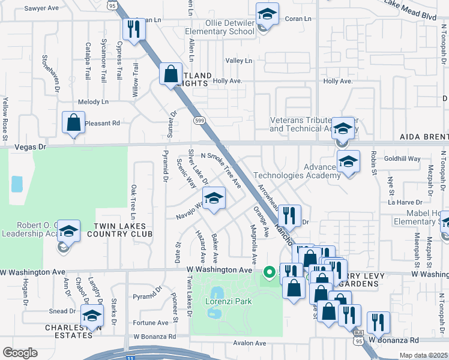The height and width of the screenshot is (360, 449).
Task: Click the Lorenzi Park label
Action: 228,302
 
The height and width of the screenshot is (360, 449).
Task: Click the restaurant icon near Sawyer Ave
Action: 133,29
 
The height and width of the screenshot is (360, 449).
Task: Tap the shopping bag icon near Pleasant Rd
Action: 73,122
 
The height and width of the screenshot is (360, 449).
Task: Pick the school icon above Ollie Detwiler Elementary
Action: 267,14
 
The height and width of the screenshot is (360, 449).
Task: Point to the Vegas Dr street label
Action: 29,146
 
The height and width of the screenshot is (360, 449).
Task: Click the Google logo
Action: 19,353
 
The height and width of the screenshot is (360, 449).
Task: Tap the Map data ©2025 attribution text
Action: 423,355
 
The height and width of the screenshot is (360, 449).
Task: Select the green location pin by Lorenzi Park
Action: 270,273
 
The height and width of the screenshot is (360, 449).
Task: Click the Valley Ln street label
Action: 239,61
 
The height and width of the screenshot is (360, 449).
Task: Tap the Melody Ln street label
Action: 94,102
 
